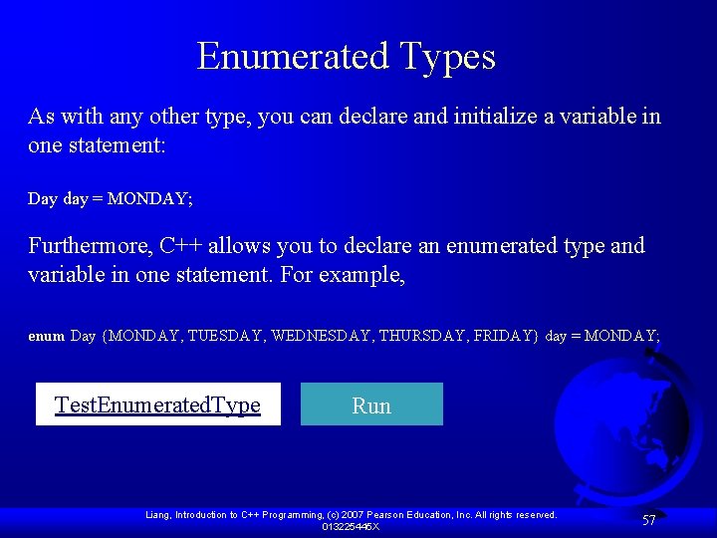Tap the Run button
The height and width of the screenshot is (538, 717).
tap(371, 404)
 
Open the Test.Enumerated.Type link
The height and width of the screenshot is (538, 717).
tap(157, 404)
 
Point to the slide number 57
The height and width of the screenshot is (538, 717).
tap(649, 520)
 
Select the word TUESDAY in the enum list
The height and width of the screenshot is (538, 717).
tap(226, 336)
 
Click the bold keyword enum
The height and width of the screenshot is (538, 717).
tap(46, 337)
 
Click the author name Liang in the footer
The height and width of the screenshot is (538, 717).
tap(158, 515)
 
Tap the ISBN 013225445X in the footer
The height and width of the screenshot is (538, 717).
tap(350, 526)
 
